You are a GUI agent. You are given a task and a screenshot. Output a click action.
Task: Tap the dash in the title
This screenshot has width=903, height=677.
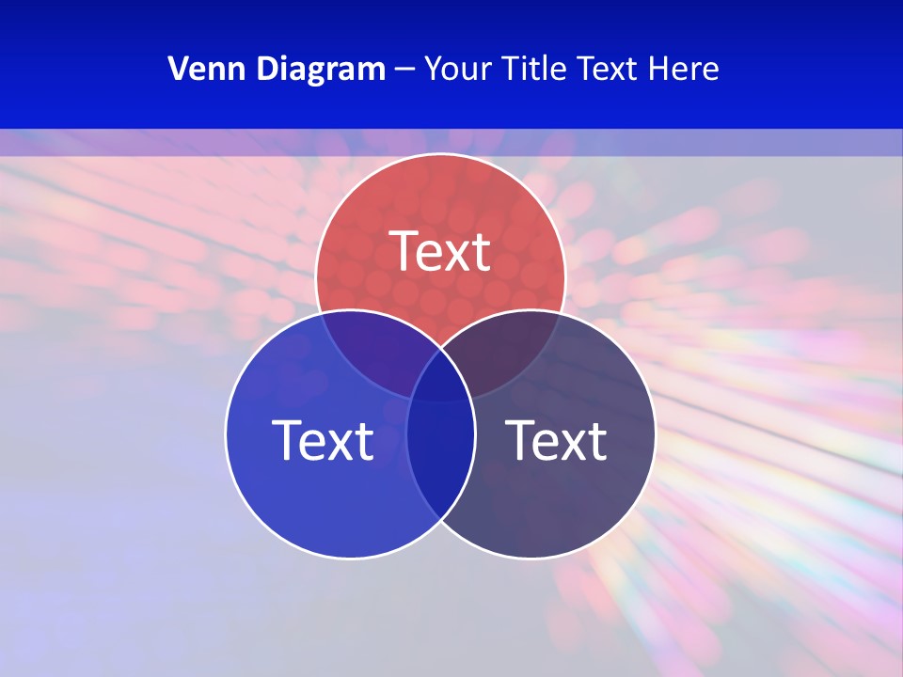click(x=404, y=70)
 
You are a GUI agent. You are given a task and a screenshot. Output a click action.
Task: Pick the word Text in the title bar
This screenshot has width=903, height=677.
click(x=609, y=69)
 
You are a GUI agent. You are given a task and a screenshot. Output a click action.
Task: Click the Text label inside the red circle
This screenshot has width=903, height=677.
click(x=440, y=251)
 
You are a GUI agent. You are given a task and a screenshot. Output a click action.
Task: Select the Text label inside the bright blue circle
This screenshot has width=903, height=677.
click(x=323, y=440)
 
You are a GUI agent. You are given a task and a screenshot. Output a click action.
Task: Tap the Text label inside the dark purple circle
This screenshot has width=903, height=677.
click(x=556, y=440)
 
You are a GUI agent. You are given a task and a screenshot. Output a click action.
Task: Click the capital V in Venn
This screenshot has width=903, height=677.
click(x=179, y=69)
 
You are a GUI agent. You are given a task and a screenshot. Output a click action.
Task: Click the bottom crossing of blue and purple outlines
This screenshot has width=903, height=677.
click(x=440, y=519)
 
